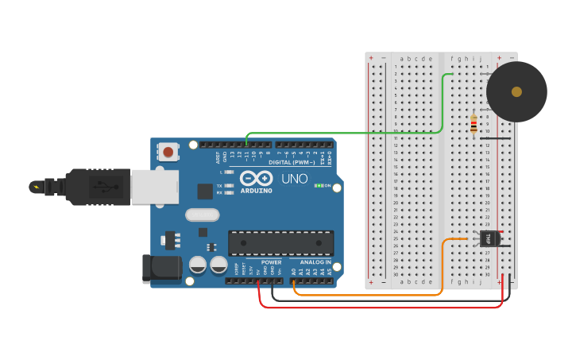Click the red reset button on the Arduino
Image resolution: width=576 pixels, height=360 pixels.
pos(168,151)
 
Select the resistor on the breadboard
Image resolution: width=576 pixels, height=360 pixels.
pos(474,124)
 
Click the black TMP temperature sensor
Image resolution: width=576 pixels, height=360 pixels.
pos(490,238)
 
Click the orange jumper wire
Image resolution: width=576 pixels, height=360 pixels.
pos(365,295)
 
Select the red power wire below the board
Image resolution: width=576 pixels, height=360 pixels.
pos(381,307)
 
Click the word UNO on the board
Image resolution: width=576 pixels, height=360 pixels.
pos(294,179)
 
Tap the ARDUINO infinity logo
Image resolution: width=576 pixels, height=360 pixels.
pos(256,179)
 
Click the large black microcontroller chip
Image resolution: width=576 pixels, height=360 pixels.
pos(280,243)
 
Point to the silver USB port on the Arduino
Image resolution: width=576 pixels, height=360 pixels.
pos(154,187)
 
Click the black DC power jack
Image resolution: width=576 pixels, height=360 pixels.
pos(161,268)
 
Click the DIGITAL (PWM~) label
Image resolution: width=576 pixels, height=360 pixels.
pos(292,162)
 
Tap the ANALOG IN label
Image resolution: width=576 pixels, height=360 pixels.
pos(315,261)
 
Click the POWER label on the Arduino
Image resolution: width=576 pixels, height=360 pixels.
pos(271,261)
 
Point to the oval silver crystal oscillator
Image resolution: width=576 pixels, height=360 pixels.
pos(202,215)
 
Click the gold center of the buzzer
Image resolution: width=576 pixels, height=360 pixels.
pos(516,91)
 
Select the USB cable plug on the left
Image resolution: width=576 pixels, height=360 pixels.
pos(87,187)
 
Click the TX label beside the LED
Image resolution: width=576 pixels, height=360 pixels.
pos(219,185)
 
